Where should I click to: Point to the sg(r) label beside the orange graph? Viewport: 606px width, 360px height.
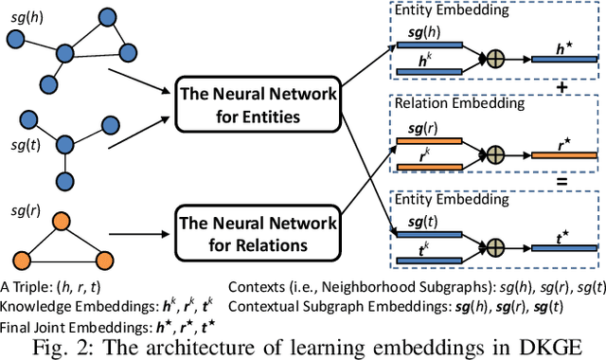point(26,204)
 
